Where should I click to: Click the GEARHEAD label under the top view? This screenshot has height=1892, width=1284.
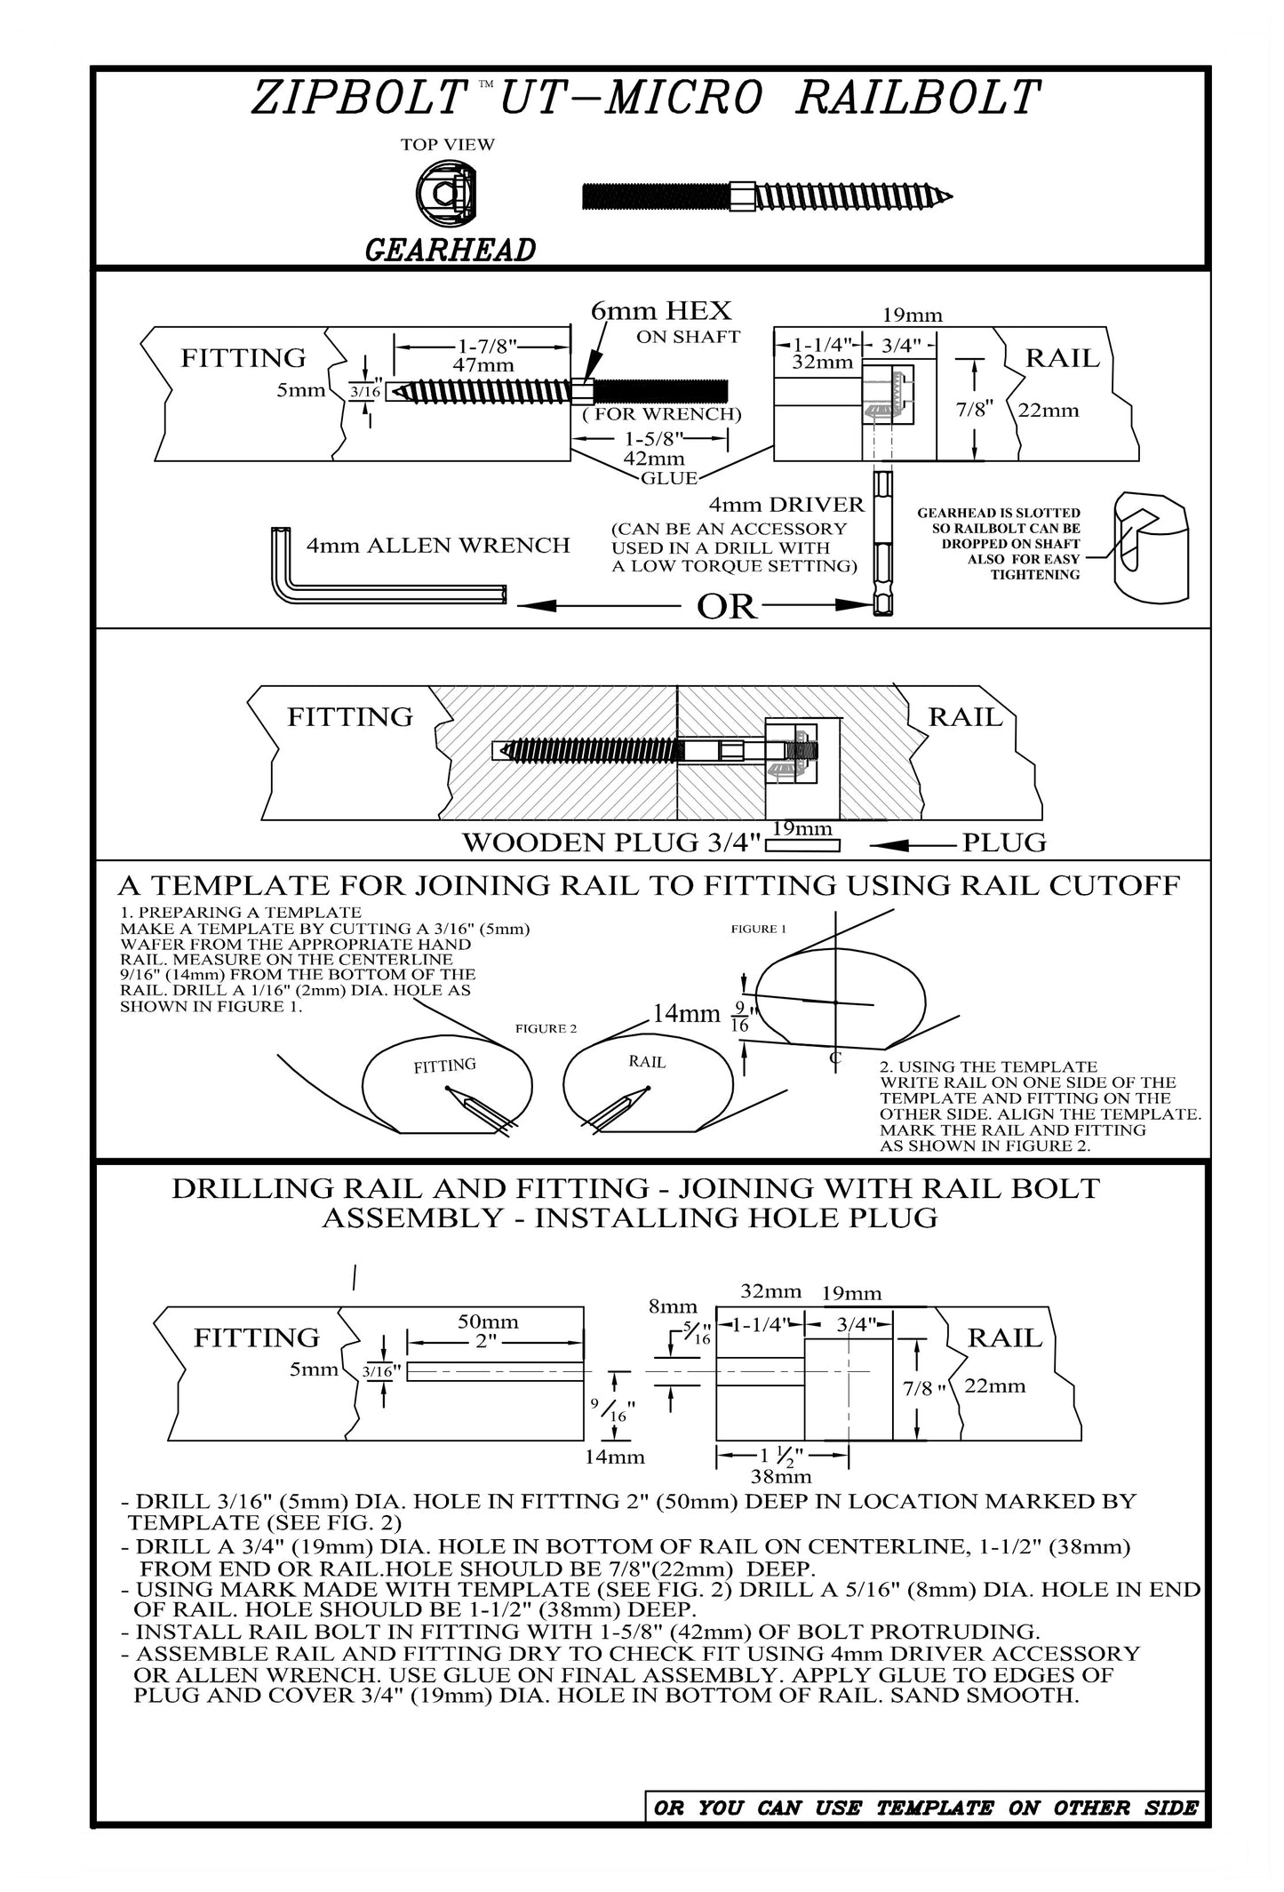click(450, 251)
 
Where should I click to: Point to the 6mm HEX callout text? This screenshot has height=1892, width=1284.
click(661, 311)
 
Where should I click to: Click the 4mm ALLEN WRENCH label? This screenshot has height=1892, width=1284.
click(438, 546)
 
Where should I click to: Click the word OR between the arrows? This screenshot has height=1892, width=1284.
click(727, 607)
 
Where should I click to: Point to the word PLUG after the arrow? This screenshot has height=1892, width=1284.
click(1004, 842)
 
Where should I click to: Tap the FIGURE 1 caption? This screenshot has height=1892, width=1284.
click(758, 929)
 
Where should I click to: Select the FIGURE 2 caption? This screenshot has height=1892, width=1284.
click(546, 1028)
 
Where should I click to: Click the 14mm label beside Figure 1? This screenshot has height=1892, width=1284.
click(686, 1013)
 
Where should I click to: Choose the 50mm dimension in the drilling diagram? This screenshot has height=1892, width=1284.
click(488, 1321)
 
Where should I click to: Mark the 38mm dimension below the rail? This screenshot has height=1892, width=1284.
click(781, 1476)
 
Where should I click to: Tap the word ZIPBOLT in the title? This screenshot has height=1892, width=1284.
click(360, 99)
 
